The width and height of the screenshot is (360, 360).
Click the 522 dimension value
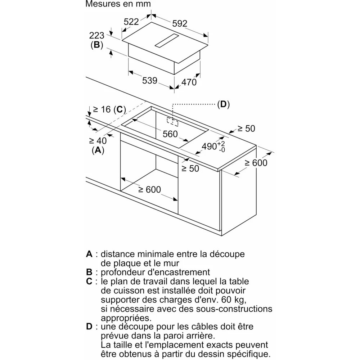[131, 22]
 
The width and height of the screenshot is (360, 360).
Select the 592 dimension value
[180, 23]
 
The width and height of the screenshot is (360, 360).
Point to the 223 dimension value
[96, 35]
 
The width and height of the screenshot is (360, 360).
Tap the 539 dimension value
[149, 81]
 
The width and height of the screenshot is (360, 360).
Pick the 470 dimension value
[189, 82]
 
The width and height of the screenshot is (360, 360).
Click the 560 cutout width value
[170, 134]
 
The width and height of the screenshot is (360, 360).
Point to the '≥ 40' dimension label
[97, 141]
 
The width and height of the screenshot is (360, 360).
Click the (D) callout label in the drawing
[223, 104]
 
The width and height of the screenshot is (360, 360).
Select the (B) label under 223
[96, 45]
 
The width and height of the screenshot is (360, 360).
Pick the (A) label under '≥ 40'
[97, 150]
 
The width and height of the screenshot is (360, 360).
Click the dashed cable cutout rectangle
[172, 121]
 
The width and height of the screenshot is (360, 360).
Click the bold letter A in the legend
[89, 254]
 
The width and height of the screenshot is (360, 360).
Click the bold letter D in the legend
[89, 327]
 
